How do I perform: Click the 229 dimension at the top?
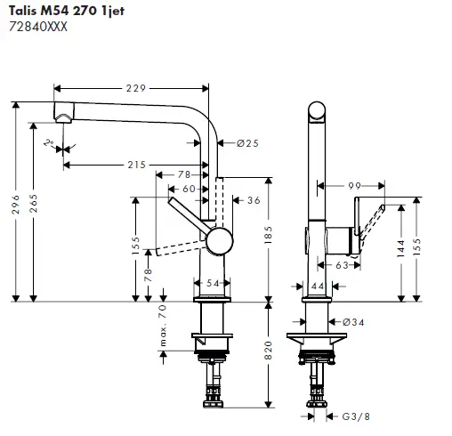tap(135, 87)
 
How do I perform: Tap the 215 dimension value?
tap(136, 165)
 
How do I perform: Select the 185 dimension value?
tap(270, 236)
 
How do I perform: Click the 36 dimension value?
tap(253, 200)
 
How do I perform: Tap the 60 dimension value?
tap(188, 189)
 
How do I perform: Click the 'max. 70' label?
tap(162, 327)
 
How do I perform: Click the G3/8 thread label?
tap(356, 416)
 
